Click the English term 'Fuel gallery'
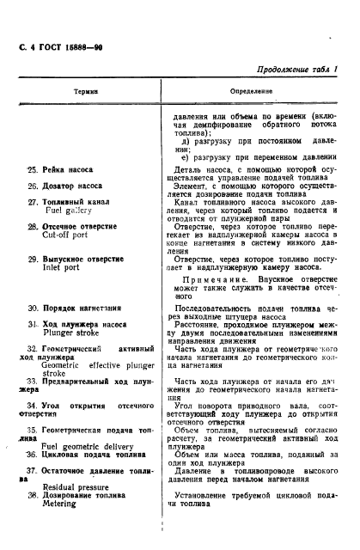[x=70, y=211]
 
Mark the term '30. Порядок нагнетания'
[x=75, y=306]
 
